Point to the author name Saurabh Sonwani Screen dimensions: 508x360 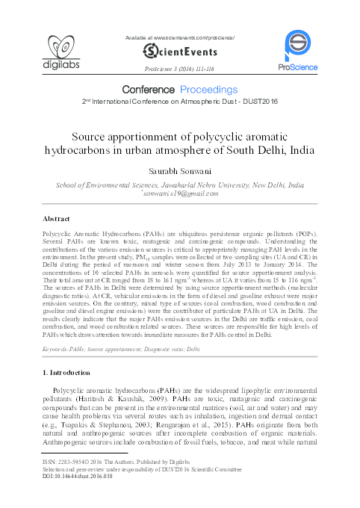pyautogui.click(x=180, y=171)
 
